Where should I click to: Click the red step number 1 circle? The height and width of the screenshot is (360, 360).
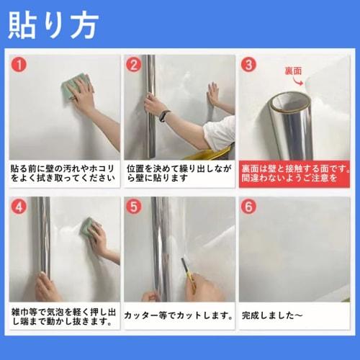tap(19, 65)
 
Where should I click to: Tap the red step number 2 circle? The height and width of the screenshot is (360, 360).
tap(134, 65)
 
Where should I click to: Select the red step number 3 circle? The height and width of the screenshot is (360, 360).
tap(249, 65)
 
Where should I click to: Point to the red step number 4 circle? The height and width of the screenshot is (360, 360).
tap(19, 207)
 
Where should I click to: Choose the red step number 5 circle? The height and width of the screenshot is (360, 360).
tap(134, 207)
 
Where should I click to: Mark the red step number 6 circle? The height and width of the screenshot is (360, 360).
tap(249, 207)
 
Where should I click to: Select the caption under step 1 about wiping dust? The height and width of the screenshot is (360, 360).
tap(63, 174)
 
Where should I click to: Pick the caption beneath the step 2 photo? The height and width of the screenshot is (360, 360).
tap(179, 174)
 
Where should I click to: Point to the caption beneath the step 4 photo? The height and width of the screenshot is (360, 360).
tap(63, 316)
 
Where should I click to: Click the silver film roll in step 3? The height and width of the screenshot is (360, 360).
tap(292, 122)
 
